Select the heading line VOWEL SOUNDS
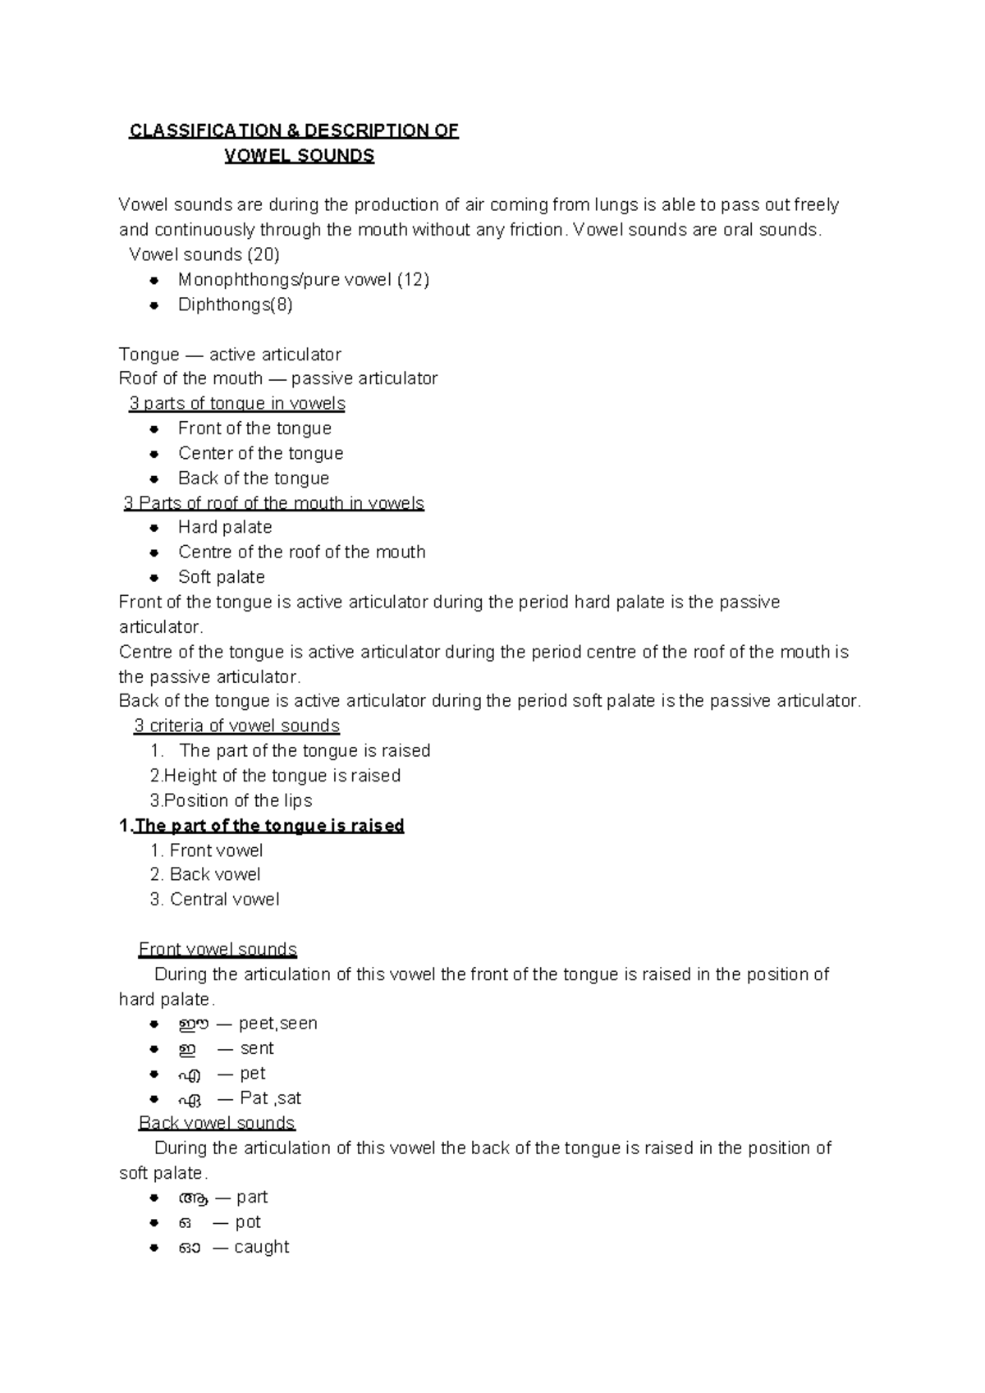point(300,156)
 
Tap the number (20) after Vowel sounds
point(263,254)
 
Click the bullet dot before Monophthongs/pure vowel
point(153,280)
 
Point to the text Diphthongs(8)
point(235,305)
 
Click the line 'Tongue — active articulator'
point(230,355)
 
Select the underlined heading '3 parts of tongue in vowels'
point(236,404)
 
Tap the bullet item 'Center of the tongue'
point(260,453)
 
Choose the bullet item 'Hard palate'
point(225,527)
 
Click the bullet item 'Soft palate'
point(221,577)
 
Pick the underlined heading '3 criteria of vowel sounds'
point(236,726)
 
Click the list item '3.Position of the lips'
point(231,800)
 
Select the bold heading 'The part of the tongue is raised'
point(269,826)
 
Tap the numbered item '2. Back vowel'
point(205,874)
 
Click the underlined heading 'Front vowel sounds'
point(218,950)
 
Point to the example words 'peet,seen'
point(277,1024)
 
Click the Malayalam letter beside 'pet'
point(188,1075)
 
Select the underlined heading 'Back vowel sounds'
point(217,1123)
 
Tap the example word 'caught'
point(261,1247)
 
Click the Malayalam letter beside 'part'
point(192,1198)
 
